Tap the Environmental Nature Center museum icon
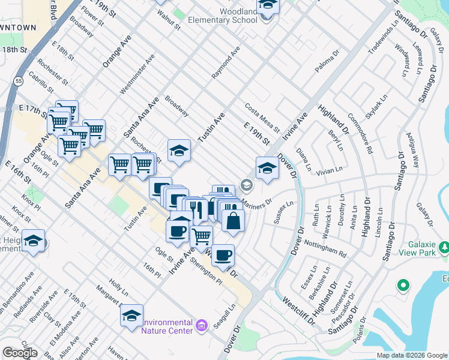pyautogui.click(x=201, y=326)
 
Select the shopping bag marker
pyautogui.click(x=233, y=220)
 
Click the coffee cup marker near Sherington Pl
pyautogui.click(x=223, y=256)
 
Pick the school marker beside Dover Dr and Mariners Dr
pyautogui.click(x=267, y=169)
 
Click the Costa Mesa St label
pyautogui.click(x=262, y=118)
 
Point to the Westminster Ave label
pyautogui.click(x=137, y=74)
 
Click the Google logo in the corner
pyautogui.click(x=20, y=353)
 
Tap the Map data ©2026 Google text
pyautogui.click(x=412, y=355)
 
